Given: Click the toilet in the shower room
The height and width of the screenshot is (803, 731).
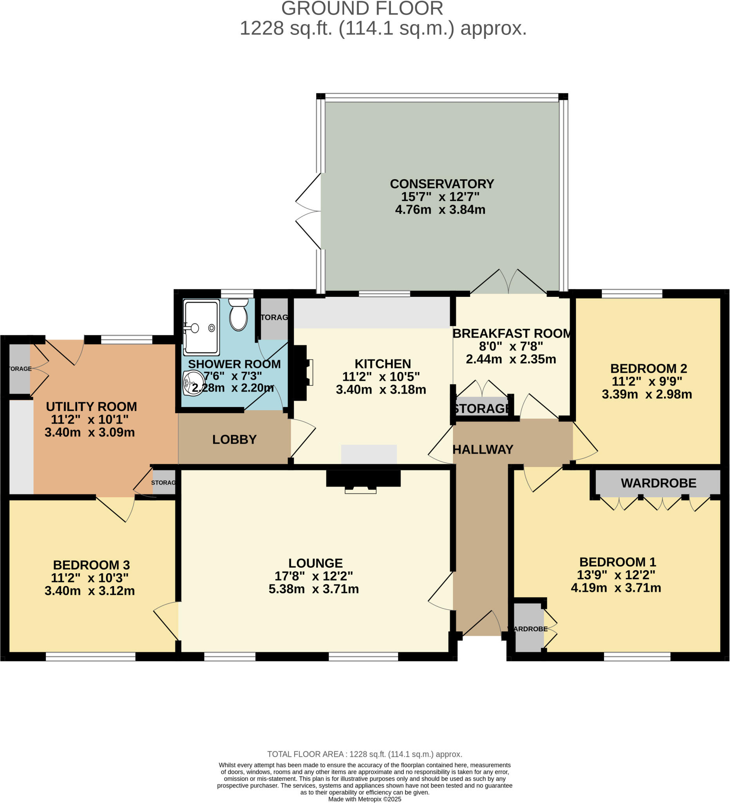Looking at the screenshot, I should coord(238,316).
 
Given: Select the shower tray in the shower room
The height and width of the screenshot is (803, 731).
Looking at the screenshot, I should coord(201,327).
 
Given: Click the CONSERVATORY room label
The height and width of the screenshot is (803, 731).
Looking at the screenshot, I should coord(442,184).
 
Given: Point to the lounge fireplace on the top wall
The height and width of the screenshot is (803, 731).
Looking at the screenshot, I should coord(363,480).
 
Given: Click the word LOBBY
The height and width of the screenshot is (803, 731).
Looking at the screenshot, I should coord(234,440).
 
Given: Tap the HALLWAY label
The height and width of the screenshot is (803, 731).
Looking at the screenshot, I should coord(483,450).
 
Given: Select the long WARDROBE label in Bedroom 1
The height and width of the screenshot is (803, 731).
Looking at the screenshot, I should coord(658,483).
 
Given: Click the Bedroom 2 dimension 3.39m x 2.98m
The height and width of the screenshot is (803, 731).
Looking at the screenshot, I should coord(647,394).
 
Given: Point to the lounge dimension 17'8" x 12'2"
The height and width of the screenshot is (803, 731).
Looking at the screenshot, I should coord(313,576).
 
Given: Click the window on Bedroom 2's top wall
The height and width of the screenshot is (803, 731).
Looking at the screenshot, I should coord(632,294).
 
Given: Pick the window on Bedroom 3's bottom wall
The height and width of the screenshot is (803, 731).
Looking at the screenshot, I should coord(91,657).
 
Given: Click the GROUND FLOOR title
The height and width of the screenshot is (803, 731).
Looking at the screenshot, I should coord(362,9).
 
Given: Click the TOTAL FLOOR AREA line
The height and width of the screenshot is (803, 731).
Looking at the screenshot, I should coord(364,754).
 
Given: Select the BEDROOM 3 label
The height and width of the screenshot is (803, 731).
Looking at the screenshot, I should coord(91,565).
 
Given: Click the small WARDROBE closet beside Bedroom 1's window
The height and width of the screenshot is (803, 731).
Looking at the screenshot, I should coord(528,628).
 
